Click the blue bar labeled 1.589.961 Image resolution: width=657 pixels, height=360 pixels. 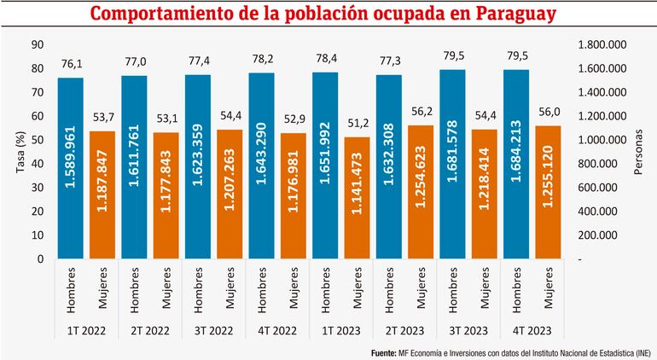pyautogui.click(x=71, y=168)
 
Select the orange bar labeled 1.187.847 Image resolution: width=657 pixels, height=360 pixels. pyautogui.click(x=102, y=195)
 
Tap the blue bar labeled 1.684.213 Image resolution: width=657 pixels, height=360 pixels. pyautogui.click(x=516, y=164)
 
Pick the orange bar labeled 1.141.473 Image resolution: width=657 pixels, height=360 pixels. pyautogui.click(x=357, y=198)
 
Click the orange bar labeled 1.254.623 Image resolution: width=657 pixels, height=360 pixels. pyautogui.click(x=421, y=192)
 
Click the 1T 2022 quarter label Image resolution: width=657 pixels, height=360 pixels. pyautogui.click(x=86, y=329)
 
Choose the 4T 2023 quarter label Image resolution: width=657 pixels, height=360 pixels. pyautogui.click(x=532, y=329)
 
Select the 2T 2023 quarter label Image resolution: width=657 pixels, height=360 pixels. pyautogui.click(x=404, y=329)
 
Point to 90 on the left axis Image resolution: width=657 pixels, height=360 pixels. pyautogui.click(x=37, y=44)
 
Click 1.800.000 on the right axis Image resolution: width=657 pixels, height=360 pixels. pyautogui.click(x=603, y=44)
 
